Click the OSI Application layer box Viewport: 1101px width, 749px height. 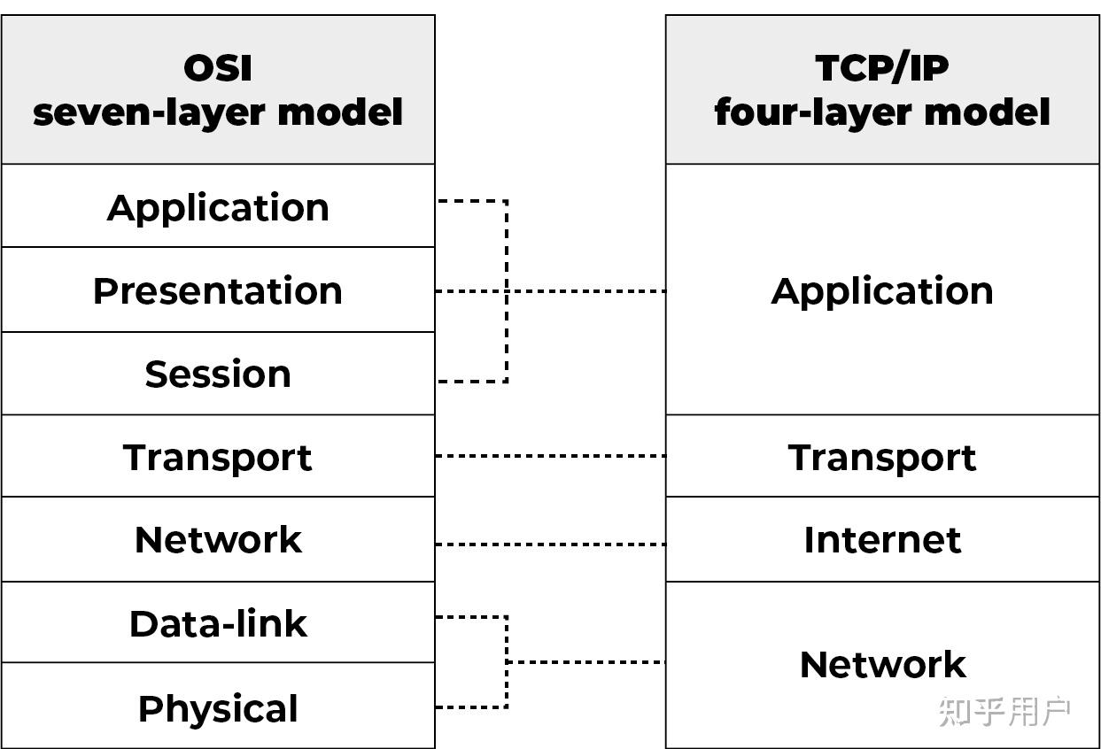coord(218,207)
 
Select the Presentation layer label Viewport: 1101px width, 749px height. coord(218,291)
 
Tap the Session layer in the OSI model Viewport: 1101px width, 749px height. coord(218,374)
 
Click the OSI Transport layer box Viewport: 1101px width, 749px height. coord(218,458)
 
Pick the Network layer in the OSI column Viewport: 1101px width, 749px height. coord(218,540)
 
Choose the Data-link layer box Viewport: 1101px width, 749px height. coord(218,624)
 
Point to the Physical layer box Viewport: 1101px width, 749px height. coord(218,708)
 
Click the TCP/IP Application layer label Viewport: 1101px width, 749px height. coord(882,291)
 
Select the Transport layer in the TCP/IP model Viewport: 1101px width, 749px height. coord(882,458)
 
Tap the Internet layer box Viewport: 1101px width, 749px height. coord(882,540)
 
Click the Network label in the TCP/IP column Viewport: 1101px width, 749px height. coord(882,665)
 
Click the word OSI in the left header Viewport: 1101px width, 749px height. coord(218,68)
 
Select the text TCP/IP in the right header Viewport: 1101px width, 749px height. coord(882,68)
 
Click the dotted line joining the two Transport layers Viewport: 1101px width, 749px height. coord(550,456)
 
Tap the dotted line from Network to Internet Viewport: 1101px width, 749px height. coord(550,544)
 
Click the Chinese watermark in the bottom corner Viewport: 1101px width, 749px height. coord(1004,712)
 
